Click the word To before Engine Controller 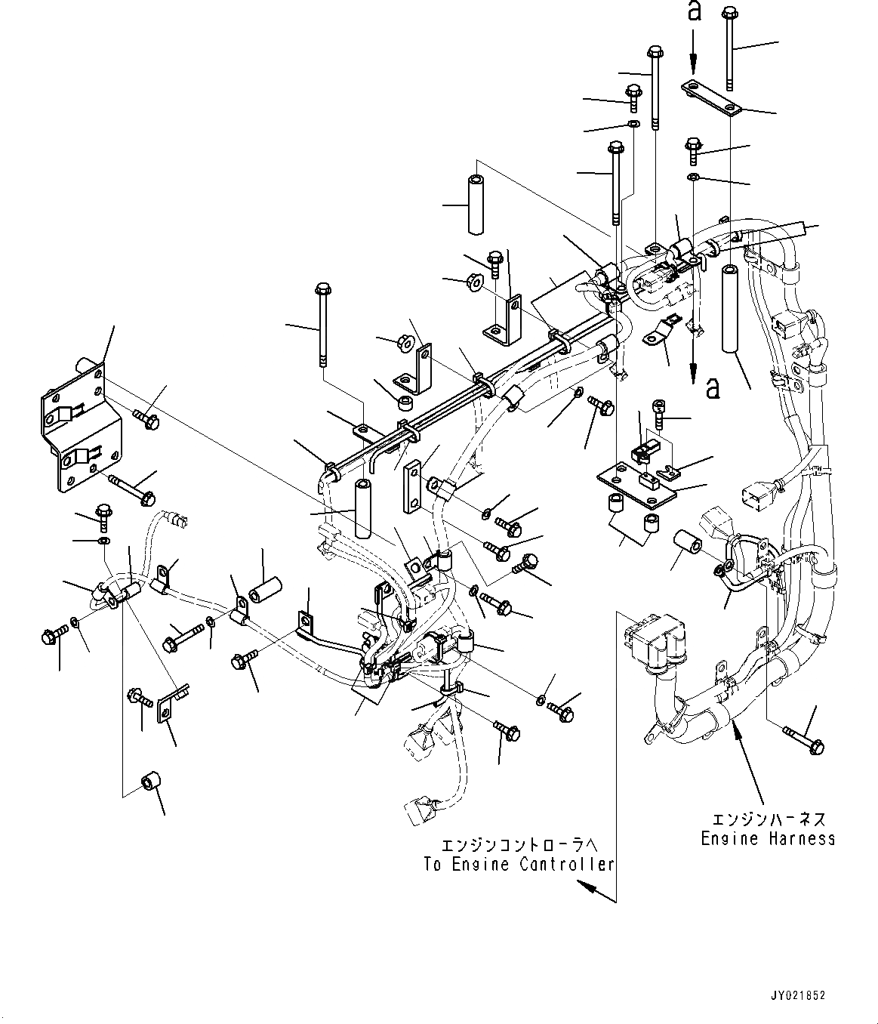pos(432,878)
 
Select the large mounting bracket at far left pos(81,427)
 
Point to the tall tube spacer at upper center pos(476,204)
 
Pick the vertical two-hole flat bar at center pos(412,487)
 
